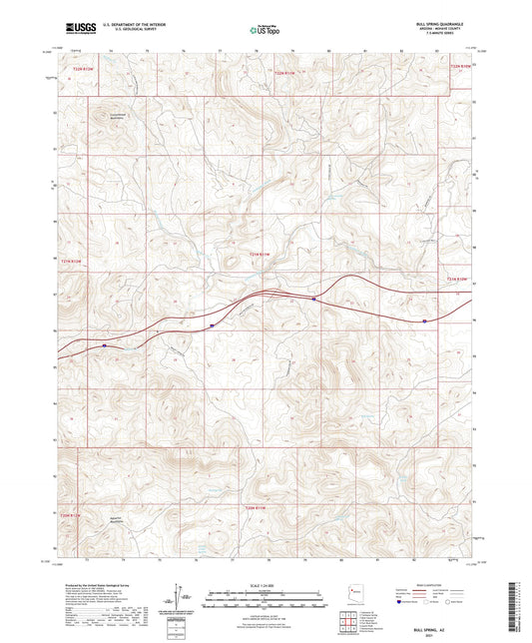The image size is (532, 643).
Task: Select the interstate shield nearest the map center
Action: click(313, 297)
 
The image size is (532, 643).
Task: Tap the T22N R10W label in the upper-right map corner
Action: click(458, 66)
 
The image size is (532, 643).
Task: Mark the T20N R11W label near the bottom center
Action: click(258, 509)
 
